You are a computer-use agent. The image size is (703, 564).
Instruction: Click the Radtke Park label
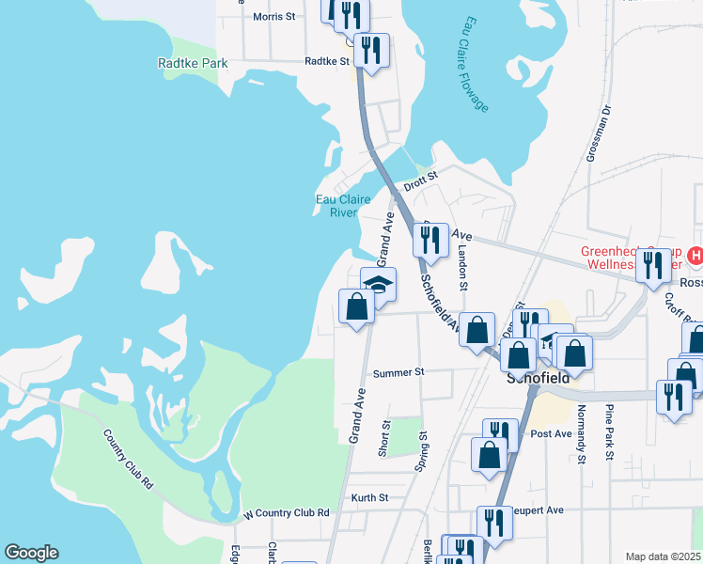[193, 63]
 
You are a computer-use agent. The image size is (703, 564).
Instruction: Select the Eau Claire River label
[336, 205]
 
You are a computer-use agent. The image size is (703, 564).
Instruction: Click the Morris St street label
[274, 17]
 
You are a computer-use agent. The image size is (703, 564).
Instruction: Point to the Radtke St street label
[326, 62]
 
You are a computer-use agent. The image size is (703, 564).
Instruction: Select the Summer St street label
[398, 373]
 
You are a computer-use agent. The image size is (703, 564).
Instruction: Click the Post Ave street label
[551, 434]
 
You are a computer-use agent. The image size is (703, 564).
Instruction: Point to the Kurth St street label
[370, 497]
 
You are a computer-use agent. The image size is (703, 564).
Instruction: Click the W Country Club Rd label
[287, 513]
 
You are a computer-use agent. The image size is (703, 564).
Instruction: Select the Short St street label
[384, 439]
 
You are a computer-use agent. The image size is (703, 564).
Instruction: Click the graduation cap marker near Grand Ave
[378, 285]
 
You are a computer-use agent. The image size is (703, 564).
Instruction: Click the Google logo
[31, 553]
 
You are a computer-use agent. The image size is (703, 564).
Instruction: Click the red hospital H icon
[695, 255]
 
